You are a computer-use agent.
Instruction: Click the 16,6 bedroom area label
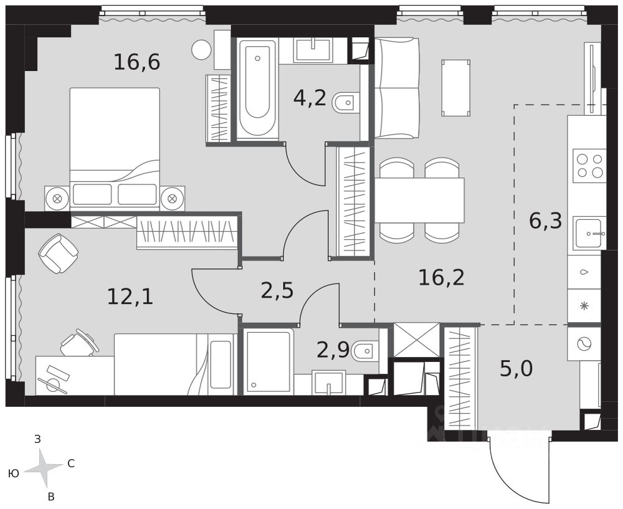pos(136,62)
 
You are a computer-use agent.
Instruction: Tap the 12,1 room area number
pos(130,297)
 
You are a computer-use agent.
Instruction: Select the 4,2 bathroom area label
pos(310,98)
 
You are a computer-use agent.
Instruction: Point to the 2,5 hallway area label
pos(277,290)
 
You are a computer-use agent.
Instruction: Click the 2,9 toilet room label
pos(333,350)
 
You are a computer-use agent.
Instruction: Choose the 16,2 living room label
pos(442,277)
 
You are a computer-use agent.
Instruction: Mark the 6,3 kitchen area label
pos(546,221)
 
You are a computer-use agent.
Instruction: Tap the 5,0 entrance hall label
pos(516,369)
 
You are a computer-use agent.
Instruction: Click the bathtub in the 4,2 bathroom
pos(257,90)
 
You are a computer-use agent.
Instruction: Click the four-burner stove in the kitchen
pos(589,166)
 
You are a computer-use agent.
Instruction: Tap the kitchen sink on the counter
pos(589,233)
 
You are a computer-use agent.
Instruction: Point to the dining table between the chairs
pos(419,200)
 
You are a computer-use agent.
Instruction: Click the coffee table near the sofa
pos(456,88)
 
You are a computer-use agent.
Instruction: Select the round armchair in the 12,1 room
pos(59,253)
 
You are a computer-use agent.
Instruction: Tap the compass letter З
pos(38,439)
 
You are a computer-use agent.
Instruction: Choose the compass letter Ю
pos(14,473)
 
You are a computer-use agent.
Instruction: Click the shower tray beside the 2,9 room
pos(268,361)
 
